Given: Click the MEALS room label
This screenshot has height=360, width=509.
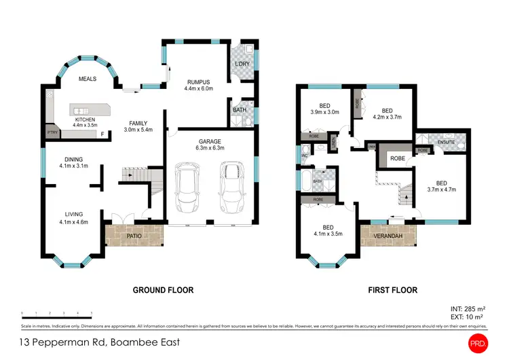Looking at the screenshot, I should [x=87, y=79].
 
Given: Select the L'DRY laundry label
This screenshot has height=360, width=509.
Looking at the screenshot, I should [x=242, y=65].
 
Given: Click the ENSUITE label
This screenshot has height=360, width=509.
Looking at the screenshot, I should [x=446, y=142].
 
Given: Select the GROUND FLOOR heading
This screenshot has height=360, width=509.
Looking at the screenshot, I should [x=163, y=290].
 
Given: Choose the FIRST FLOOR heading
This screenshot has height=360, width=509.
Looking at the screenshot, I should [x=392, y=290].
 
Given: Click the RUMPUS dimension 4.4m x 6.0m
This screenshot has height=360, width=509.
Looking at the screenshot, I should [x=198, y=88].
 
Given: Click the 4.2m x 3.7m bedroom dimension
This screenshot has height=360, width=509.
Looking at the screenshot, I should [x=387, y=118].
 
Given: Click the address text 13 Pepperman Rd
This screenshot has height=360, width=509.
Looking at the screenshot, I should [x=100, y=342].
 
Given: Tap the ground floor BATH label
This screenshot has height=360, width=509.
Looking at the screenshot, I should [x=240, y=109].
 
